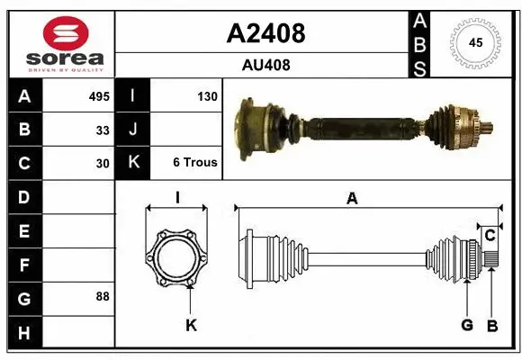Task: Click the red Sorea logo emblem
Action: point(60,34)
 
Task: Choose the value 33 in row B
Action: point(103,130)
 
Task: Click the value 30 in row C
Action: point(103,164)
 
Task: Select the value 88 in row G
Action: point(103,296)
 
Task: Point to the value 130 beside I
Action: point(206,96)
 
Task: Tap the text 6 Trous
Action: point(194,163)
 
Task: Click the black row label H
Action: point(24,334)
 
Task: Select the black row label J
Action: point(133,130)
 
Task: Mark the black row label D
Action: point(24,196)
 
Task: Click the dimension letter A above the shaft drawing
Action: point(352,199)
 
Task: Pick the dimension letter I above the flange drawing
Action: point(177,198)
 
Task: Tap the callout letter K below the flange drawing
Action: point(191,325)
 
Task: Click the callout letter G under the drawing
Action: point(467,325)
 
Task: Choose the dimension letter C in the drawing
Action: point(490,236)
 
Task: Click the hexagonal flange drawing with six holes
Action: point(177,258)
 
